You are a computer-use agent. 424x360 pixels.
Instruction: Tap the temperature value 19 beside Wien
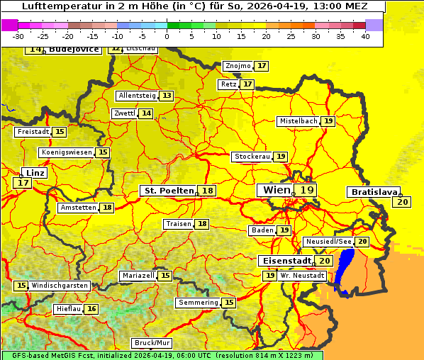(306, 190)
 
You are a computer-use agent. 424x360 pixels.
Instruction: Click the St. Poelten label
(168, 191)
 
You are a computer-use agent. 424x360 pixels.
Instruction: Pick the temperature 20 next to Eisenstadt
(324, 261)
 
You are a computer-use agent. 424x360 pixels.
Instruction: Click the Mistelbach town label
(297, 121)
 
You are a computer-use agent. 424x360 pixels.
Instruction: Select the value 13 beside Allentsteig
(167, 96)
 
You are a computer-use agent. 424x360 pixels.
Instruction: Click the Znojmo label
(237, 66)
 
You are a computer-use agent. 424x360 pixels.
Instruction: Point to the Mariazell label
(138, 275)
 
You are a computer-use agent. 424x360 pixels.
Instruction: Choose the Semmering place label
(198, 303)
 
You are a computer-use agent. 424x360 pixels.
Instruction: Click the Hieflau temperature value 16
(91, 309)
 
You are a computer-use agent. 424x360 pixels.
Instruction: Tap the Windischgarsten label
(60, 286)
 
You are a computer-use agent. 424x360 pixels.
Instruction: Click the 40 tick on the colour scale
(365, 35)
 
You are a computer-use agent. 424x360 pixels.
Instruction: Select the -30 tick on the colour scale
(19, 35)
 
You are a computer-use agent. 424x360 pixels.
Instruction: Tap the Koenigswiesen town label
(67, 152)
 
